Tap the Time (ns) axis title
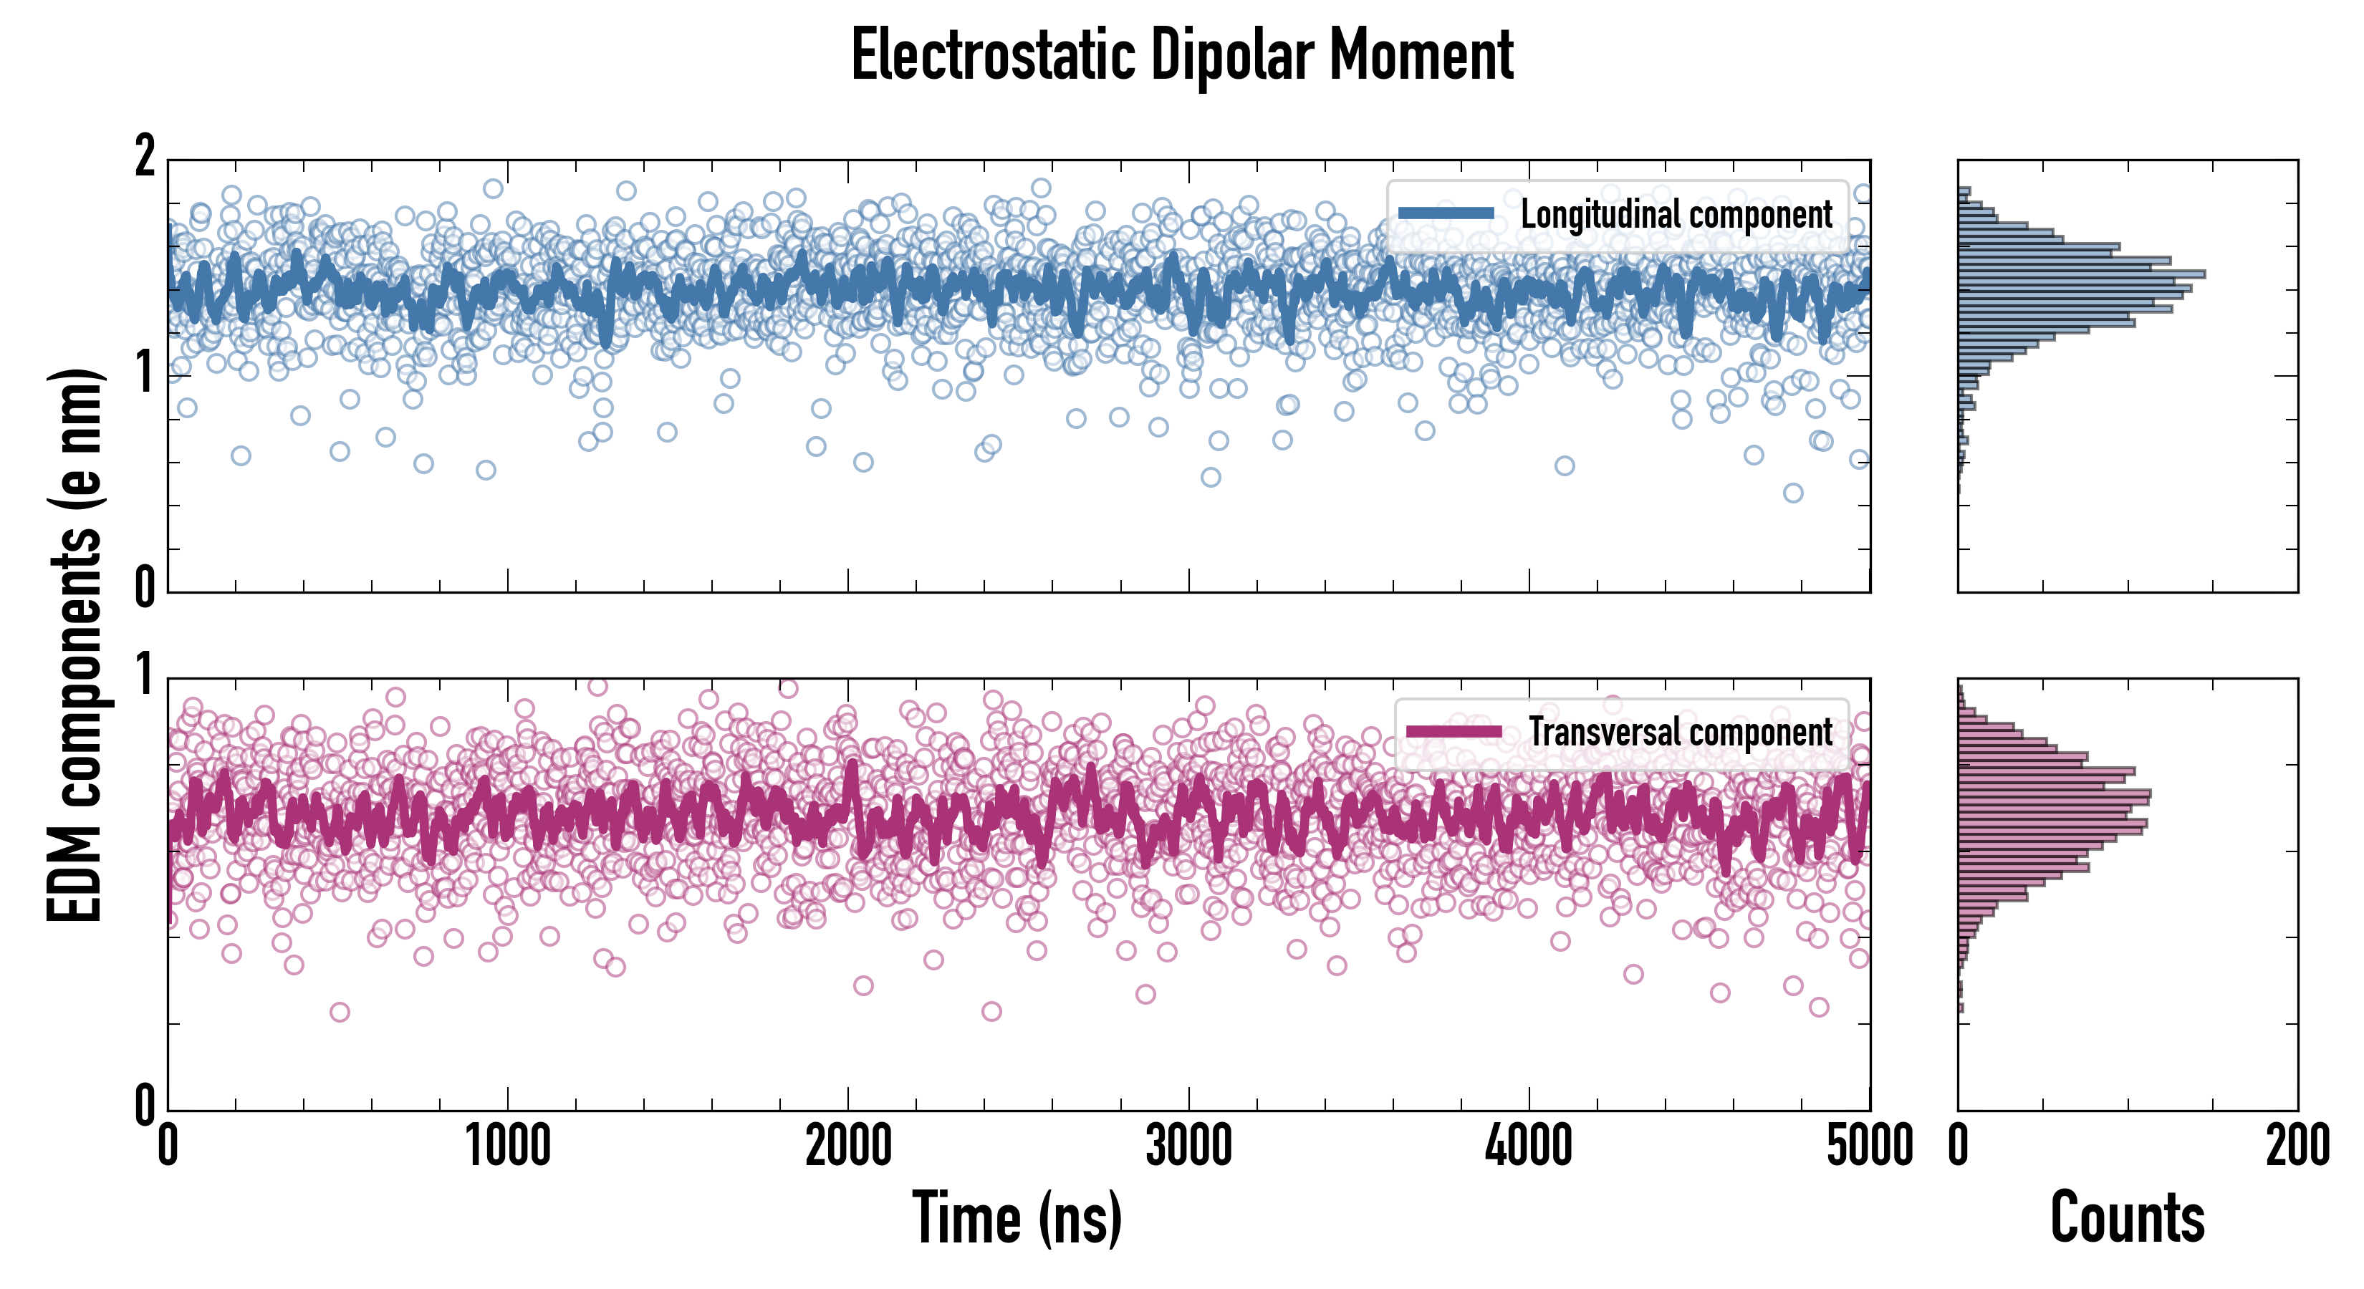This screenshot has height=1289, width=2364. click(1017, 1218)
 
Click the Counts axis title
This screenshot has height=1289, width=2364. click(2127, 1218)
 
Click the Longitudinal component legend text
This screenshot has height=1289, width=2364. click(1676, 215)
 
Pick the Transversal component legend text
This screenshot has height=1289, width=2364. click(1681, 732)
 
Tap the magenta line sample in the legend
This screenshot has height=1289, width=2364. click(1454, 732)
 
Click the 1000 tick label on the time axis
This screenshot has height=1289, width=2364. click(507, 1146)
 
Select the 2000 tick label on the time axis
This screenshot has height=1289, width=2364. click(848, 1146)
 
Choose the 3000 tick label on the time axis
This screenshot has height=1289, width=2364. click(1188, 1146)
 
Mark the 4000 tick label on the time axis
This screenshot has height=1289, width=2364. click(1529, 1146)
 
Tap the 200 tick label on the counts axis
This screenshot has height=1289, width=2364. click(2298, 1146)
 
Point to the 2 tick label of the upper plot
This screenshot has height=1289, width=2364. click(145, 158)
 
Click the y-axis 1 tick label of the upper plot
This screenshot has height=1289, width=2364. click(145, 375)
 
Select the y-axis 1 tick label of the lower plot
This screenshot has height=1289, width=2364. click(145, 676)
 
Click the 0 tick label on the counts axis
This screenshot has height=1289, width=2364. click(1959, 1146)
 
